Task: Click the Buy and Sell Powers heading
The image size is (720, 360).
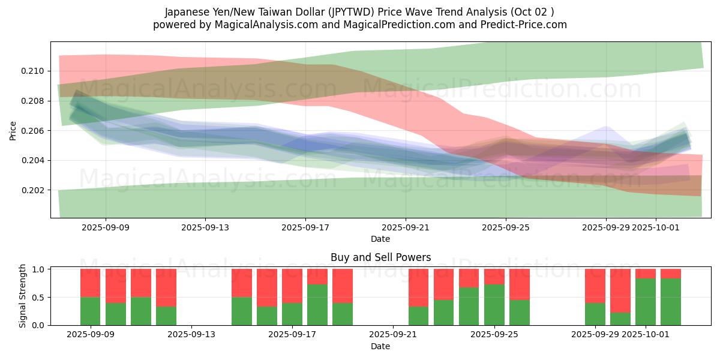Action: click(380, 257)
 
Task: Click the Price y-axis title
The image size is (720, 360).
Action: click(13, 130)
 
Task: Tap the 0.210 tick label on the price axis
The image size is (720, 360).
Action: click(33, 71)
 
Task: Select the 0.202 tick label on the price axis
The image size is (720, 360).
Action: click(33, 190)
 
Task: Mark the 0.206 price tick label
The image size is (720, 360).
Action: click(33, 131)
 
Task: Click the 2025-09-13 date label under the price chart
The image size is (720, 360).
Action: click(206, 227)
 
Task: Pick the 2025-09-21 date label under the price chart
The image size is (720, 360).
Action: click(406, 227)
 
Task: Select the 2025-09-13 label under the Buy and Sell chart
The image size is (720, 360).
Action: click(192, 335)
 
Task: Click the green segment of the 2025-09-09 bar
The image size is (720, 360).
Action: click(91, 311)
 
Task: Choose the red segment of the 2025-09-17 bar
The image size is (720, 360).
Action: click(292, 286)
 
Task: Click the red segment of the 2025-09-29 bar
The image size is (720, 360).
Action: click(595, 286)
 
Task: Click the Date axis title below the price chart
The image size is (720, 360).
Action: click(380, 239)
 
